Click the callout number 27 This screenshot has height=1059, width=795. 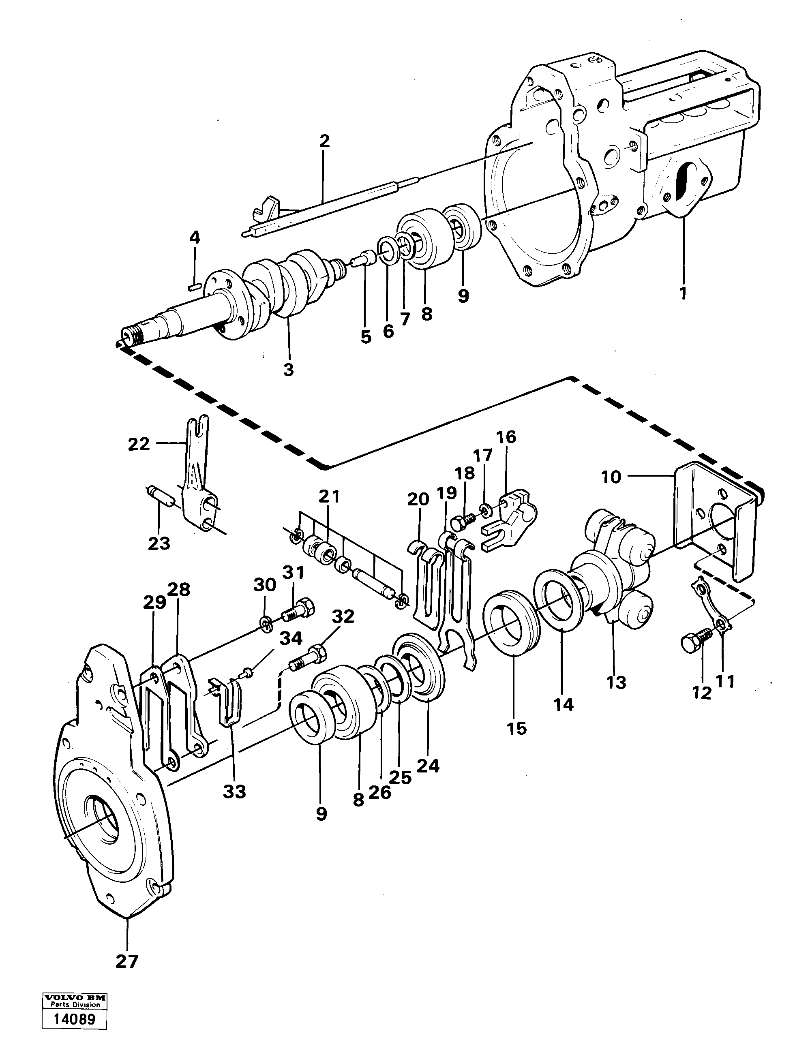[x=126, y=961]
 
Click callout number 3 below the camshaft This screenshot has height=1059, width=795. [x=288, y=370]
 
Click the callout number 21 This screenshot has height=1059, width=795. [x=330, y=496]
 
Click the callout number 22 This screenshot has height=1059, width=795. [x=139, y=444]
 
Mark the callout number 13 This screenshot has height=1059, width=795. [x=616, y=682]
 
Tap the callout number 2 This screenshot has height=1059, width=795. [x=324, y=141]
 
